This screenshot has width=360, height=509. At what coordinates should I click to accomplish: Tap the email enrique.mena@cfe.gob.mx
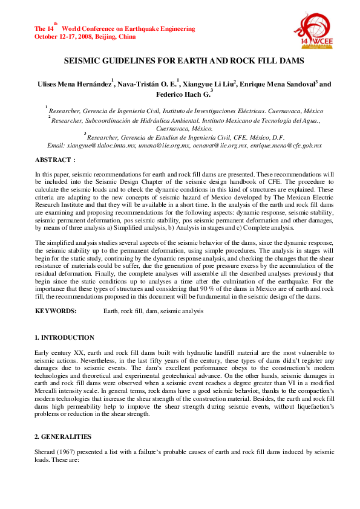(x=287, y=146)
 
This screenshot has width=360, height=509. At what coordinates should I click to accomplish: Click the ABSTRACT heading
(x=54, y=160)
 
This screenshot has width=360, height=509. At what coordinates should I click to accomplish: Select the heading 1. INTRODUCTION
(x=64, y=337)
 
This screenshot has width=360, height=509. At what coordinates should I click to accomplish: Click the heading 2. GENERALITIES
(x=63, y=436)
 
